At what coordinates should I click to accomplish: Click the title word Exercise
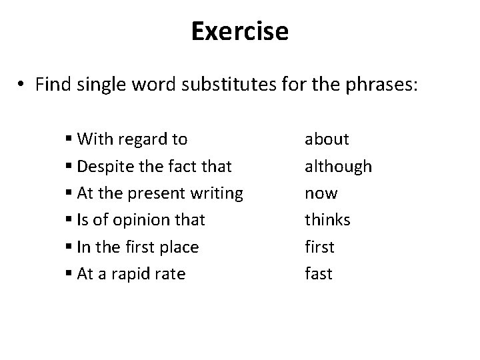240,31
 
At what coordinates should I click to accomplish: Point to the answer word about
327,139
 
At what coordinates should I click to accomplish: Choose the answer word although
338,167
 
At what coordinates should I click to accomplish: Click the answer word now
321,193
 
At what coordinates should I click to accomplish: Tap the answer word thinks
327,220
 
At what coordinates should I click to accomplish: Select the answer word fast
318,273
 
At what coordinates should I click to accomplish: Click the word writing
215,193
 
